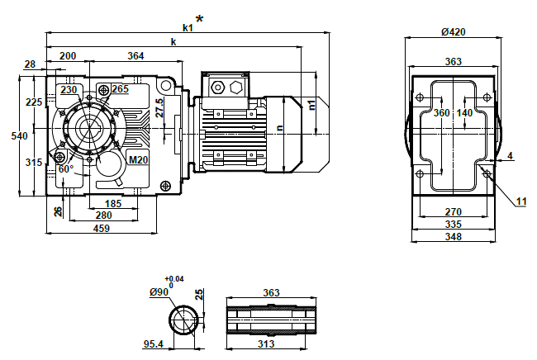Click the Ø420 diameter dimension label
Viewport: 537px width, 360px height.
(x=453, y=32)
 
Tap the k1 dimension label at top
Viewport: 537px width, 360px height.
(x=188, y=27)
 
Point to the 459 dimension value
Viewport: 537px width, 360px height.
(x=101, y=228)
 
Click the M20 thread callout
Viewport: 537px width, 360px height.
(x=138, y=159)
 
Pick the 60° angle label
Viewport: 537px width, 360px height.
(x=66, y=168)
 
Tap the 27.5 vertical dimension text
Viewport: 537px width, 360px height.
(x=159, y=108)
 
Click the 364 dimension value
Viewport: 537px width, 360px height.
(x=136, y=56)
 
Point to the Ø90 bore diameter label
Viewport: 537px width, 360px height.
(x=160, y=292)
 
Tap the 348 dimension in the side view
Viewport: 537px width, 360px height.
(x=452, y=238)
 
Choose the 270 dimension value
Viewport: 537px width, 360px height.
(x=452, y=211)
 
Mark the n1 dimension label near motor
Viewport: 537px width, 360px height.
(x=311, y=104)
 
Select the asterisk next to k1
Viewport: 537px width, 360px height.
(x=199, y=19)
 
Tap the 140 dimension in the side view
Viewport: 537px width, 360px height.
(x=464, y=113)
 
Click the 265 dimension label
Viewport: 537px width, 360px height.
(x=120, y=89)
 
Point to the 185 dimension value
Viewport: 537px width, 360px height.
(x=113, y=203)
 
